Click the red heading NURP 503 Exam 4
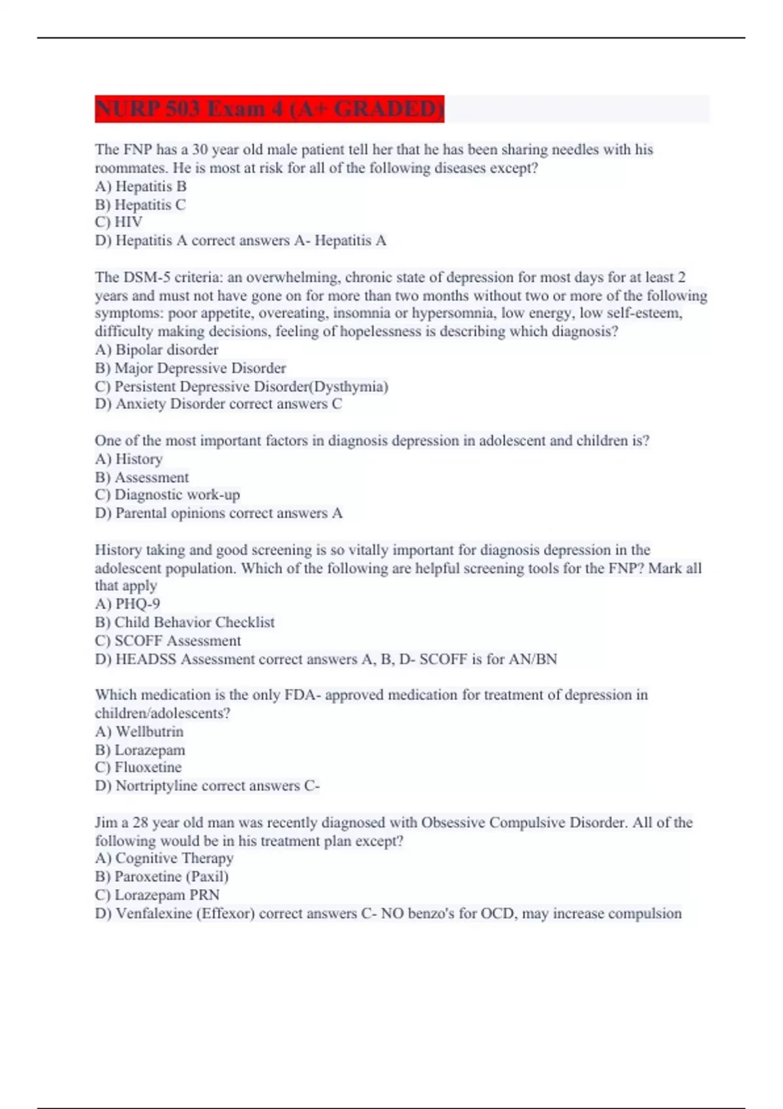(x=269, y=108)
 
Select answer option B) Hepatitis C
(x=140, y=205)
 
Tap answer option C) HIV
(x=119, y=222)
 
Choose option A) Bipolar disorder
(x=157, y=350)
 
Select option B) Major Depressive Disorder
(x=191, y=368)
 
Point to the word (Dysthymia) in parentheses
(x=348, y=386)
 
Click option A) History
(x=129, y=459)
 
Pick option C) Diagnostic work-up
(x=167, y=495)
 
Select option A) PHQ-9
(x=127, y=604)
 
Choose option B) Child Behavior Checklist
(x=185, y=622)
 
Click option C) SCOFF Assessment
(x=168, y=641)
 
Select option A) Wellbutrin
(x=139, y=732)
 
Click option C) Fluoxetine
(x=138, y=768)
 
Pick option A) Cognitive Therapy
(x=164, y=858)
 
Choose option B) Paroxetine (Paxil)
(x=162, y=877)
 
